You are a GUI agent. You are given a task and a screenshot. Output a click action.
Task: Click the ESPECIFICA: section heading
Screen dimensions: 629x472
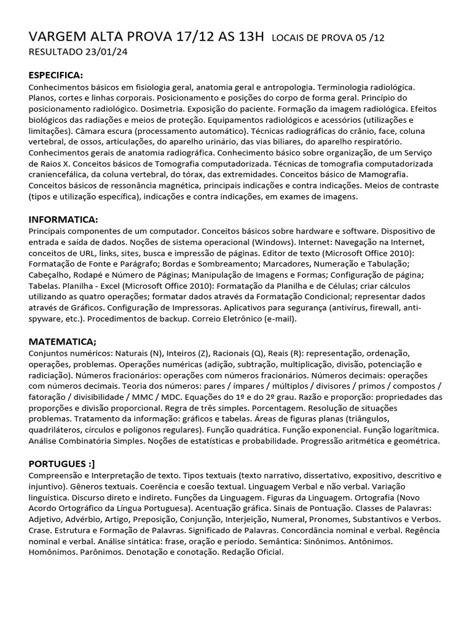click(56, 75)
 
